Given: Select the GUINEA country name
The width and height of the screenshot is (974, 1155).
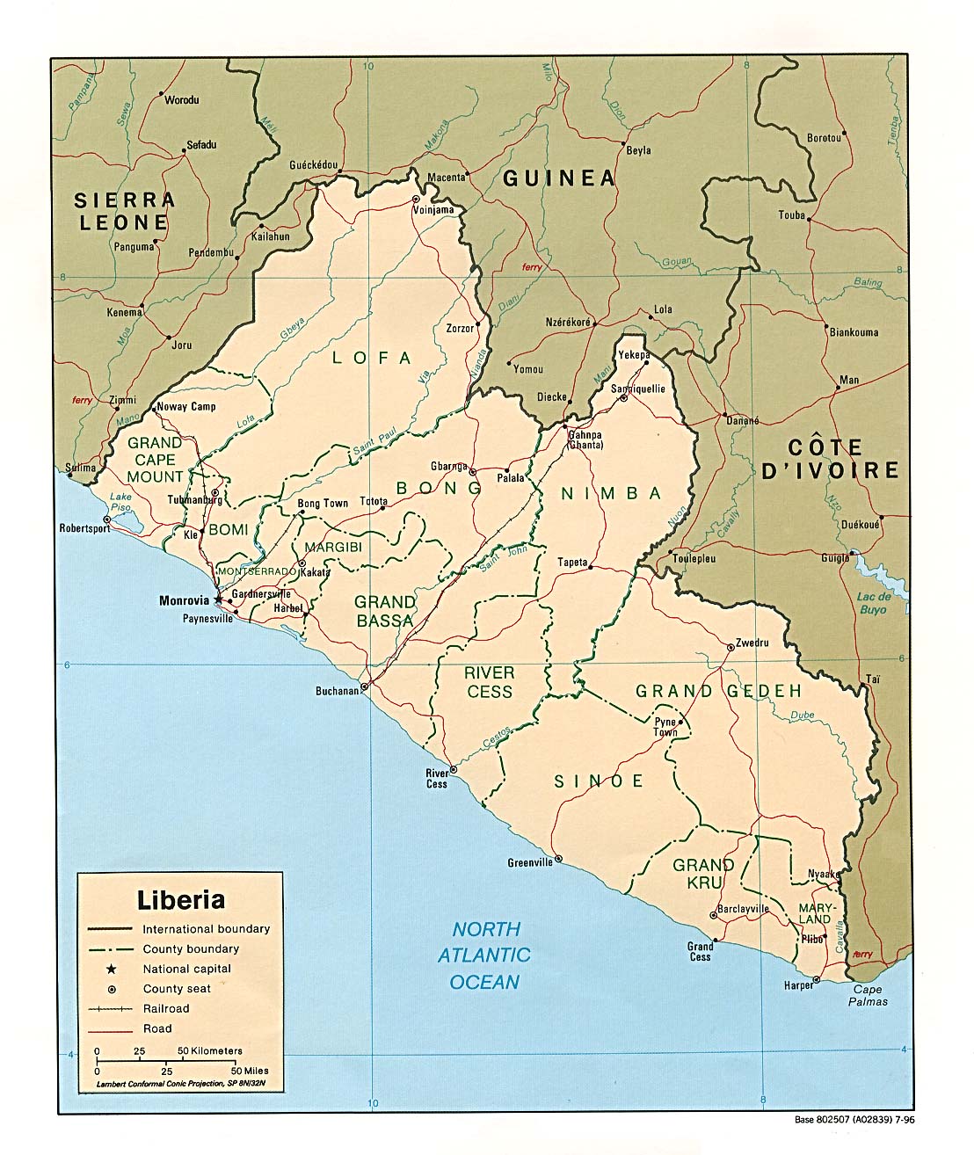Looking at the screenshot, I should tap(559, 178).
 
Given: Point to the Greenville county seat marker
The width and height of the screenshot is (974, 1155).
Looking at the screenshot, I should tap(558, 859).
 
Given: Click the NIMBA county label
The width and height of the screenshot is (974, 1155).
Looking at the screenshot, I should tap(611, 493).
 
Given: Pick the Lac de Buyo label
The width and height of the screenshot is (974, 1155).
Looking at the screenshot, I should tap(873, 603).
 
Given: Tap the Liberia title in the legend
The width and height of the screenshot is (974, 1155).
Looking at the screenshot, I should tap(180, 900).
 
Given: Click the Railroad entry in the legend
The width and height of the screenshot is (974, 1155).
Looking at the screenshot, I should tap(166, 1008).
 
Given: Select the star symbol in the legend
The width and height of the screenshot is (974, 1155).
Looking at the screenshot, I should tap(111, 969).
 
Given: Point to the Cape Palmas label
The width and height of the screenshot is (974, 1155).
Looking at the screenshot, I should tap(869, 995).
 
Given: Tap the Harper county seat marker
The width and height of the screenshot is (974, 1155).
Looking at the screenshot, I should tap(817, 979).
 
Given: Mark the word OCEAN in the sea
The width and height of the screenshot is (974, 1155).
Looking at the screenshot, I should tap(484, 983).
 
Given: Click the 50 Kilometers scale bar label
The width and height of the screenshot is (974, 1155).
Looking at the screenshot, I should tap(210, 1050).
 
